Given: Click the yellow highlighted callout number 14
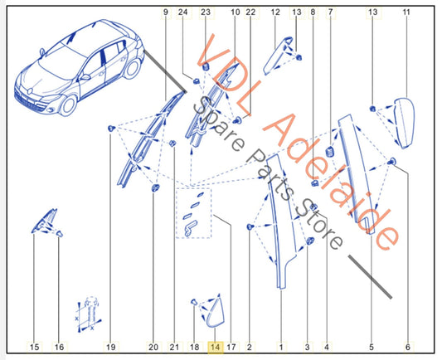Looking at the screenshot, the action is click(x=216, y=348).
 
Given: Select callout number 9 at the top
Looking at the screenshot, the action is click(x=166, y=12).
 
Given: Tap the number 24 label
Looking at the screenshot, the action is click(x=182, y=12).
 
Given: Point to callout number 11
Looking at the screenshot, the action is click(x=406, y=12).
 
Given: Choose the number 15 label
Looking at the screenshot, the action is click(x=34, y=347).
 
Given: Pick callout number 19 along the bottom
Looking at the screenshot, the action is click(x=111, y=347).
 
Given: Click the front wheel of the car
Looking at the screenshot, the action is click(x=69, y=105).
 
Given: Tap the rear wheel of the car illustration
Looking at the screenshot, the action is click(x=132, y=69).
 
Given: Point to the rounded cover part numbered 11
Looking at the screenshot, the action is click(x=404, y=123).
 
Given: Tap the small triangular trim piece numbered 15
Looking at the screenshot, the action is click(x=45, y=221).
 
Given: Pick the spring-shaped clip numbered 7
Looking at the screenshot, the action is click(x=330, y=153).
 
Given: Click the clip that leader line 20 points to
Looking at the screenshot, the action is click(x=155, y=187).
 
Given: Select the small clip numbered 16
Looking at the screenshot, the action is click(x=60, y=234).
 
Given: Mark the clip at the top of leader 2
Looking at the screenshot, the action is click(x=250, y=226).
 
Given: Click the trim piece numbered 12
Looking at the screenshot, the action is click(x=277, y=56).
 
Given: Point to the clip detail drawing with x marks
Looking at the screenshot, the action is click(x=89, y=314).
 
